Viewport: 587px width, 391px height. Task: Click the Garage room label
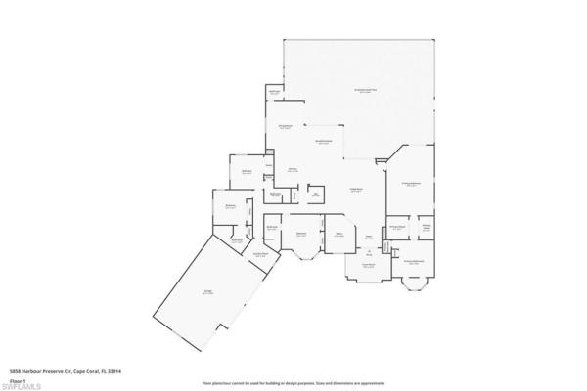click(208, 291)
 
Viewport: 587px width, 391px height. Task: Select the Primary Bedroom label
click(411, 183)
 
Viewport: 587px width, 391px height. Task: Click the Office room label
click(339, 235)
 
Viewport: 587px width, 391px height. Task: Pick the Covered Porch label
click(370, 265)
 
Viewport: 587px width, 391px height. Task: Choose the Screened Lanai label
click(365, 90)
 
